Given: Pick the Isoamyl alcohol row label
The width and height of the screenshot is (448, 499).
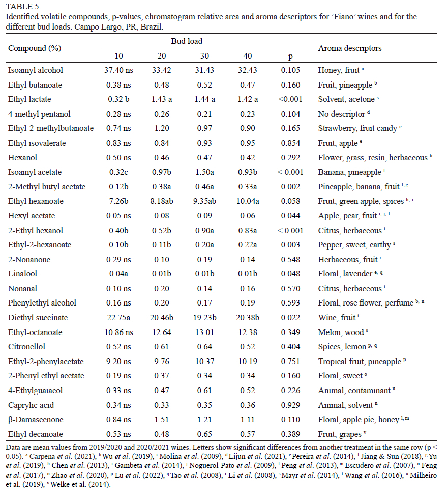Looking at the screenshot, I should [36, 70].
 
